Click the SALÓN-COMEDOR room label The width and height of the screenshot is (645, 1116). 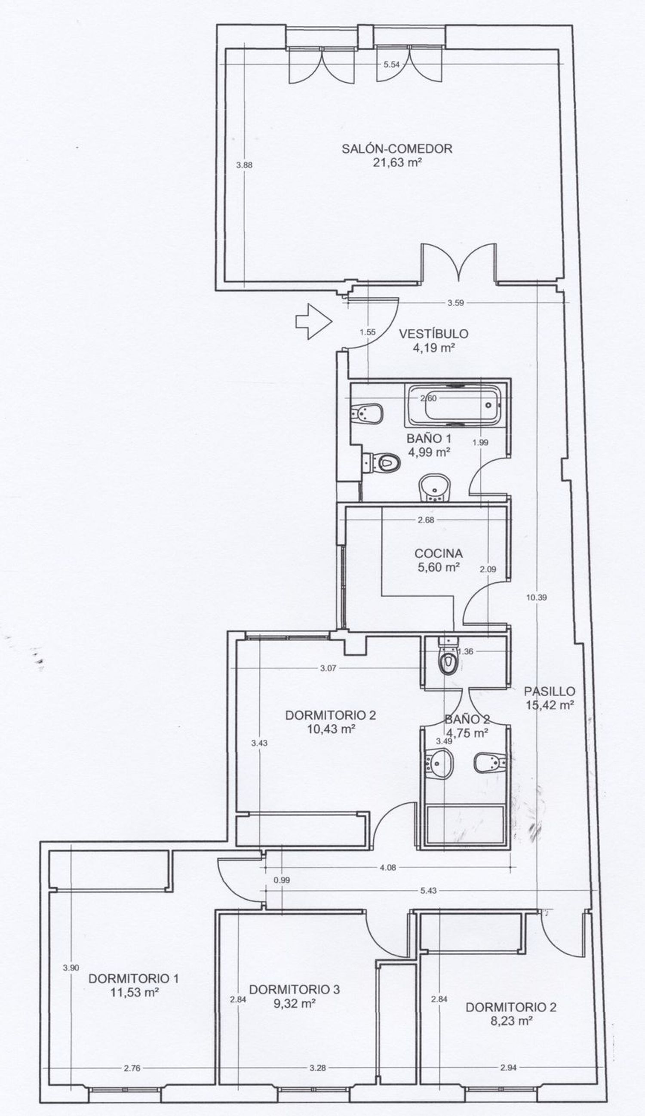396,148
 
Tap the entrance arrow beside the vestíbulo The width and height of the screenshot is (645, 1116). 313,322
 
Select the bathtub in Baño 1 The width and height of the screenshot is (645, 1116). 455,404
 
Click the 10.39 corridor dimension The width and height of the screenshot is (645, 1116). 536,597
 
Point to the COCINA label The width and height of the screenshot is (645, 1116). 439,553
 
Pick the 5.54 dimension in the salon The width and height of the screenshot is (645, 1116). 391,64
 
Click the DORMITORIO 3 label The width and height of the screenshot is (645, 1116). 295,989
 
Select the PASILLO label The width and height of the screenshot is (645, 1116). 550,691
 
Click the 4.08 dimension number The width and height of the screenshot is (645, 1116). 388,867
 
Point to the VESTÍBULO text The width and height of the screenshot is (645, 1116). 433,333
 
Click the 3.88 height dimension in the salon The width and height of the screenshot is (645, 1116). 244,165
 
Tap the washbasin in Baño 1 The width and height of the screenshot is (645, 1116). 434,488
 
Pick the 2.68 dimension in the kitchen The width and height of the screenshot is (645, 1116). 426,520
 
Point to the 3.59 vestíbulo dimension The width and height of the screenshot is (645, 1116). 455,303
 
